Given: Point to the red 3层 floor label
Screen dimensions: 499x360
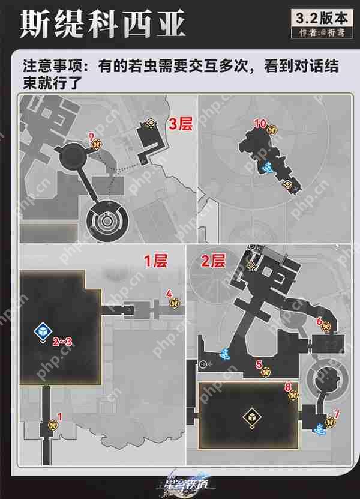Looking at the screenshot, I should (x=181, y=125).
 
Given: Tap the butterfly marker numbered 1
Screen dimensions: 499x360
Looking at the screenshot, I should (x=59, y=424).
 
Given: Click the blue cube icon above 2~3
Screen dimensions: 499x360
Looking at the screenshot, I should (x=42, y=331).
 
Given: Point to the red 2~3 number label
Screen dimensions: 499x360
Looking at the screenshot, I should (x=62, y=342).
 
